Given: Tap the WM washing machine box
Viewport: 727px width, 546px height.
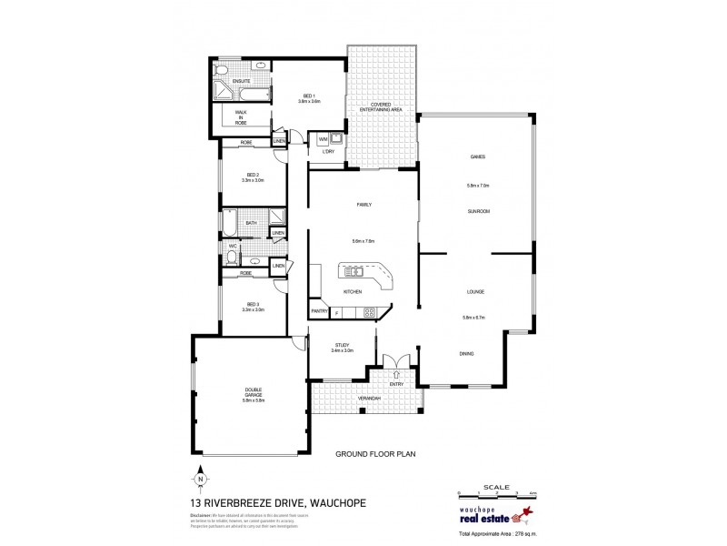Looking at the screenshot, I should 323,139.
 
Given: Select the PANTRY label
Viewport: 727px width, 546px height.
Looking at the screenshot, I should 319,312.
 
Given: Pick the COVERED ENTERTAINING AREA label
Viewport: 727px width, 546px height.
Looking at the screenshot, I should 380,107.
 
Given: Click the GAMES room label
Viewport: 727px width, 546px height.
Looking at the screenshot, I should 478,157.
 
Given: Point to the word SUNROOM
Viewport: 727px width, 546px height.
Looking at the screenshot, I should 478,211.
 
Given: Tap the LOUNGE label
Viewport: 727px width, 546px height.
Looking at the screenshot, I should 474,291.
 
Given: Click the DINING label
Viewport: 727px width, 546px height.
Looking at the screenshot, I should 466,353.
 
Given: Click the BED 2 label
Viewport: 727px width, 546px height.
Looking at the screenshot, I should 253,175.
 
